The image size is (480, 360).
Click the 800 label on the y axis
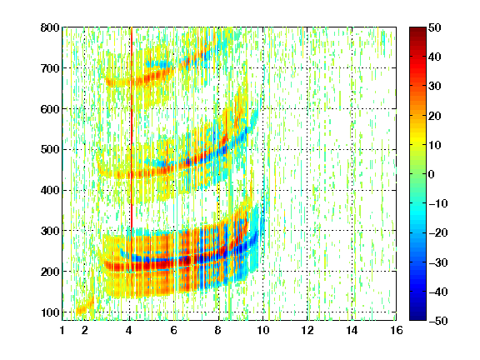(50, 27)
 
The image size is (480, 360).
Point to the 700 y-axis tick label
(50, 68)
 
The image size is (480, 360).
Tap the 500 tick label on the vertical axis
(50, 149)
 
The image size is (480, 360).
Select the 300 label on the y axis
(50, 231)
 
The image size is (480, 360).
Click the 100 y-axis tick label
(50, 312)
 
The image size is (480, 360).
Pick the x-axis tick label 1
(62, 330)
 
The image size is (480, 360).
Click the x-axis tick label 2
(85, 330)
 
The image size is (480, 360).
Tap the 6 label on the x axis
(174, 330)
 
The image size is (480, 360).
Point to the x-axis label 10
(263, 330)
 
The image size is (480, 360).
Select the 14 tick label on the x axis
(352, 330)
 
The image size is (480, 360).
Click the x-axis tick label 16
(397, 330)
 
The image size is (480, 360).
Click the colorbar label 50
(435, 27)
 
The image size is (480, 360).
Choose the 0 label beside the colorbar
(432, 174)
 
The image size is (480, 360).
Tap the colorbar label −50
(438, 321)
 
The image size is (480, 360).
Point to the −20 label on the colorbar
(438, 232)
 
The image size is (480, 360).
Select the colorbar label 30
(435, 86)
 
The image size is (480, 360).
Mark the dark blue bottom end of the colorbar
(417, 318)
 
